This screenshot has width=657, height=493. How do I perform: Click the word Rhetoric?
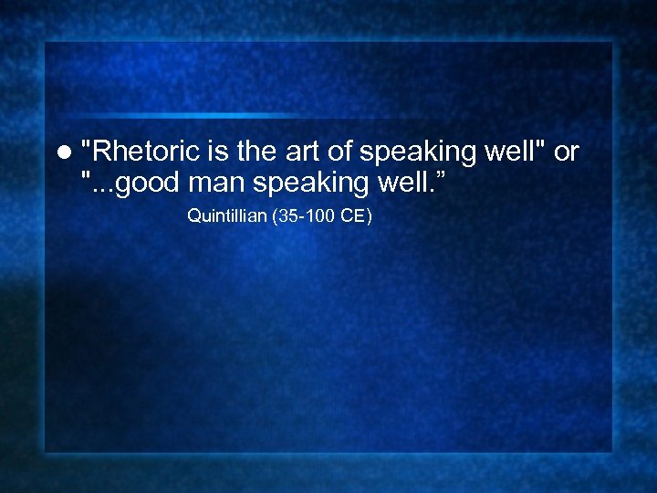tap(140, 152)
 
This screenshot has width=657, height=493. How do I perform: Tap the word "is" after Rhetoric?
tap(210, 152)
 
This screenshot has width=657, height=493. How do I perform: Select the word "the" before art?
tap(250, 152)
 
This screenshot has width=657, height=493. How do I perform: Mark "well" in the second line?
tap(398, 183)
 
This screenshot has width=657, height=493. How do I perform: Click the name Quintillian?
tap(225, 216)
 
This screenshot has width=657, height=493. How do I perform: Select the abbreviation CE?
tap(352, 216)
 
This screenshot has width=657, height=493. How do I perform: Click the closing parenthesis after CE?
tap(369, 216)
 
